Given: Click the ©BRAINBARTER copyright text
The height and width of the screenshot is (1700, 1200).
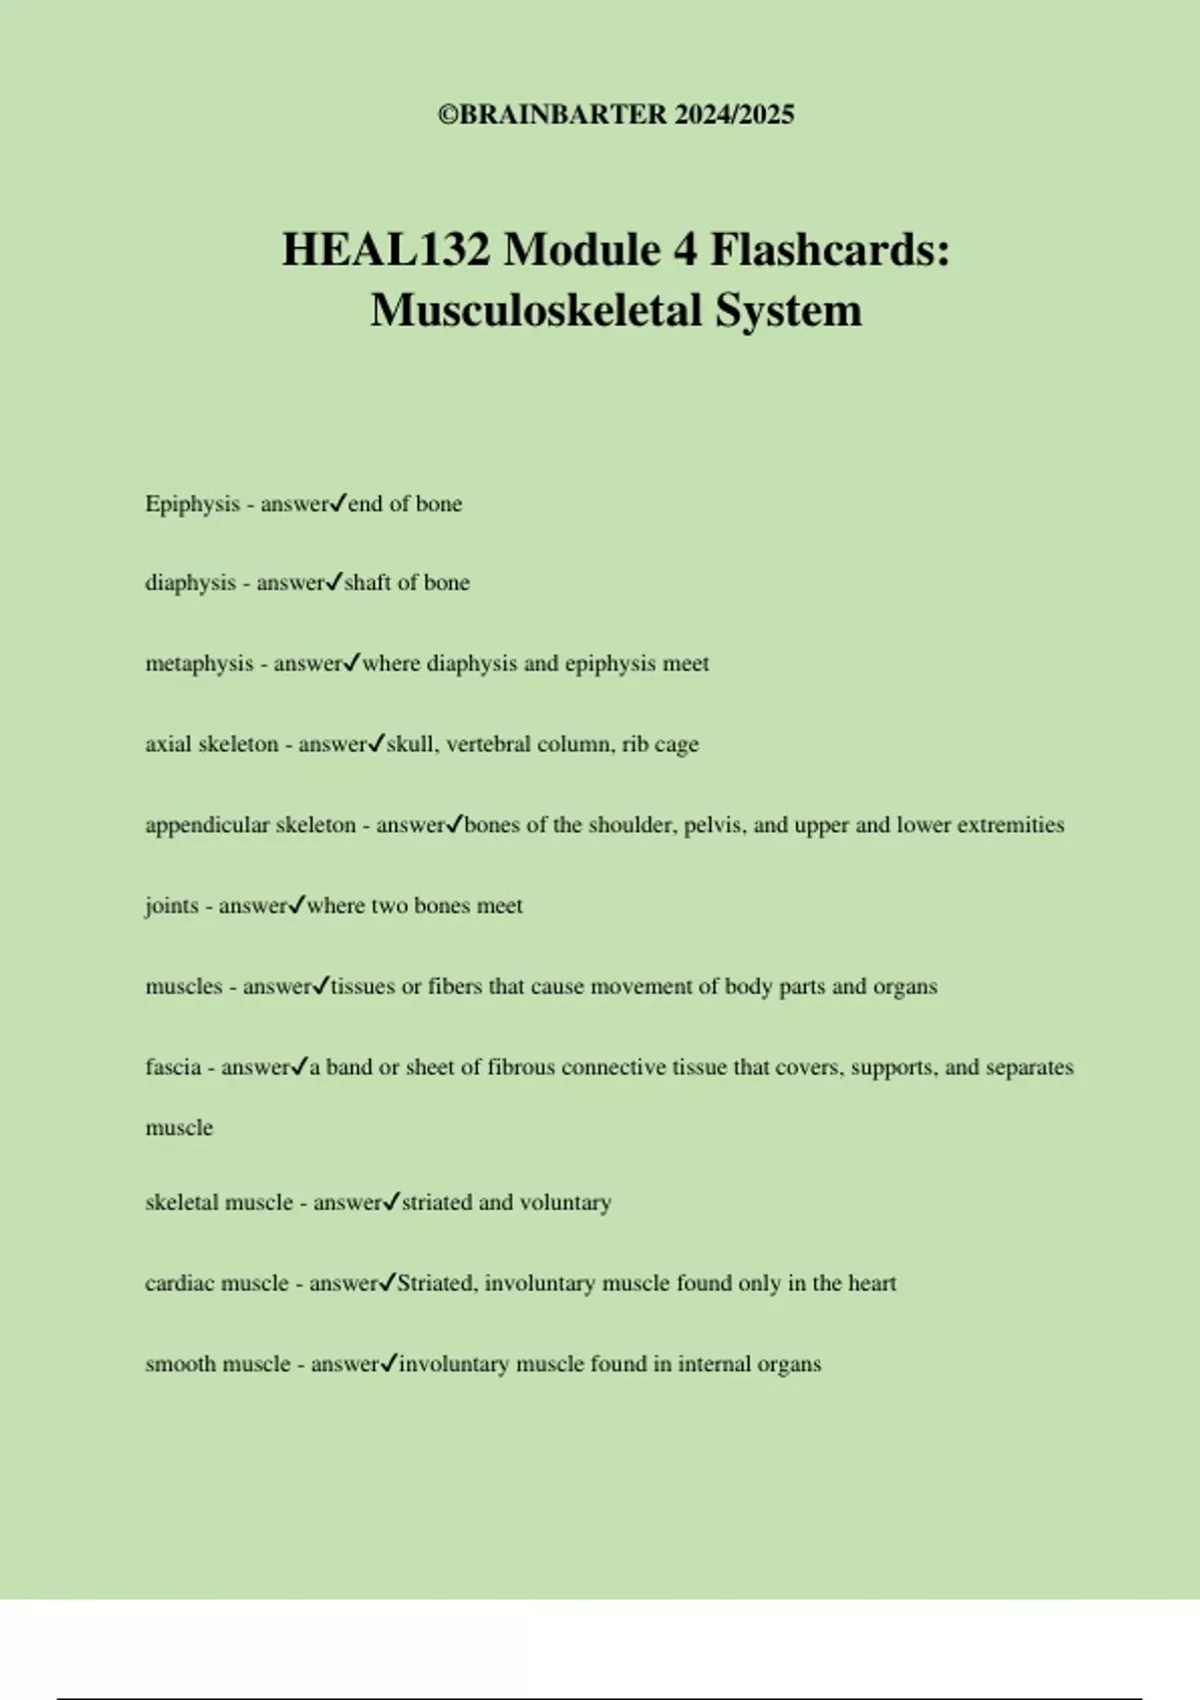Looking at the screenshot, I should [x=552, y=115].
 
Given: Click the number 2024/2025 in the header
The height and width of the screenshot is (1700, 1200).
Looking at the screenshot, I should [x=734, y=115].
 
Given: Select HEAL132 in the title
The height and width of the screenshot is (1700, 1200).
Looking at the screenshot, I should [x=386, y=249].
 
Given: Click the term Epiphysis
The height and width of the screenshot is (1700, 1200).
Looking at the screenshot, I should [x=192, y=504].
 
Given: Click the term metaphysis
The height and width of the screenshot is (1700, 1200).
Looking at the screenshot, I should [x=199, y=664].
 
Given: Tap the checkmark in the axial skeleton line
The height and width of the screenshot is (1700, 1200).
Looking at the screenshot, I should [x=376, y=743].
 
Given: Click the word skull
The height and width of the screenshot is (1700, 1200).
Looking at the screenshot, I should [x=410, y=744].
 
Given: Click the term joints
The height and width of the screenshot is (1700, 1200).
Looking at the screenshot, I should [x=171, y=906].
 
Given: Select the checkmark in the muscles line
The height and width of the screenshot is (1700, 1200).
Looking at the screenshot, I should [x=320, y=986].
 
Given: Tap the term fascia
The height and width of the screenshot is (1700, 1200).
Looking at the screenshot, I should [x=173, y=1067].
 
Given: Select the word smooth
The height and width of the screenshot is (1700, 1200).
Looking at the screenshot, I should [x=180, y=1364].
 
